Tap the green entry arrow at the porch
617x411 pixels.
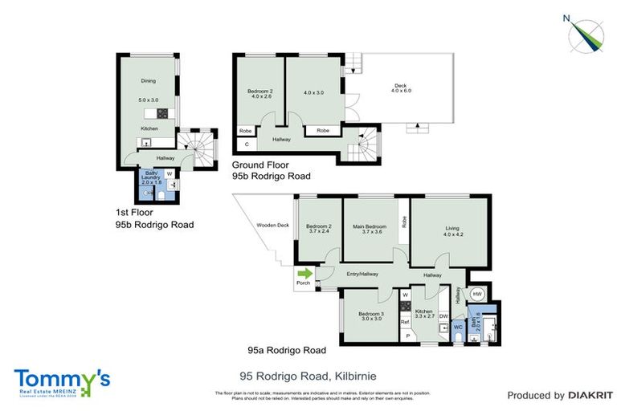click(x=304, y=274)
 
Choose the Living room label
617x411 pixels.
click(x=452, y=229)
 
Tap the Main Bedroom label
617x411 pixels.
click(x=370, y=227)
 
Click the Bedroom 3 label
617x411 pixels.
click(x=370, y=313)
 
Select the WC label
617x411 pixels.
click(x=458, y=327)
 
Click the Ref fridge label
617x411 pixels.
click(x=405, y=322)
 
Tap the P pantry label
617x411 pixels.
click(x=407, y=336)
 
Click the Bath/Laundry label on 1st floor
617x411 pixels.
click(x=151, y=177)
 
